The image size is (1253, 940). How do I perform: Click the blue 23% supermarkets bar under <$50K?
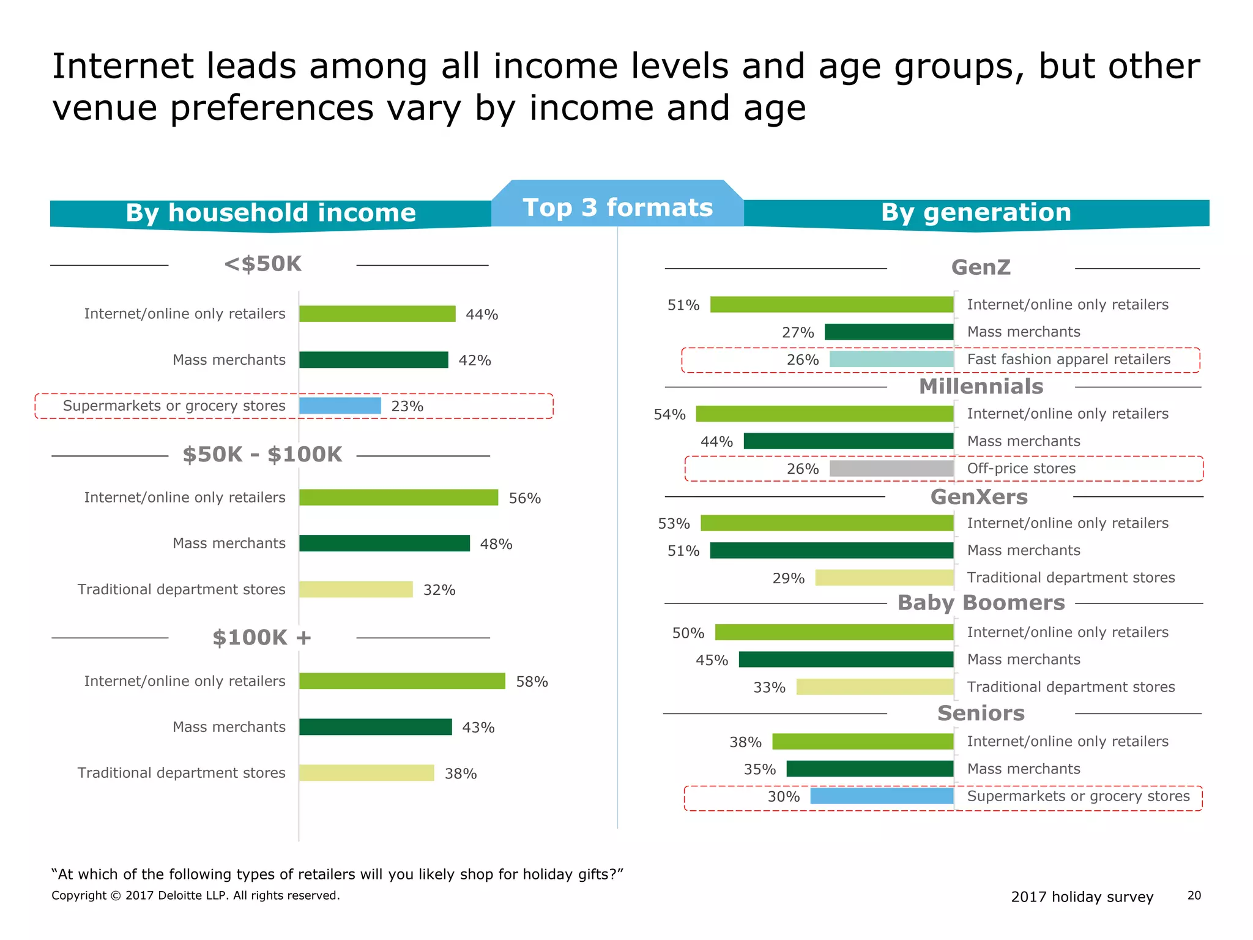tap(340, 406)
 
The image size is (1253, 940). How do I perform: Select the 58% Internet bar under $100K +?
tap(402, 681)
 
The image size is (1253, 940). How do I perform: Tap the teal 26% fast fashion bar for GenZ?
tap(891, 359)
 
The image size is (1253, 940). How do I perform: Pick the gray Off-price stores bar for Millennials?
tap(891, 469)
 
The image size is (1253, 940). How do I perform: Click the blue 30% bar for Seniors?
tap(882, 796)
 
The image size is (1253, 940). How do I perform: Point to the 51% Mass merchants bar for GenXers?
tap(831, 551)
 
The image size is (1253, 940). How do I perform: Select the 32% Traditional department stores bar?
tap(356, 589)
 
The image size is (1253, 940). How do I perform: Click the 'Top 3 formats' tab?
tap(617, 207)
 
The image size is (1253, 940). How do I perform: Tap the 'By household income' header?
tap(270, 213)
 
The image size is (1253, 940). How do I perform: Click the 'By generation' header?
tap(976, 212)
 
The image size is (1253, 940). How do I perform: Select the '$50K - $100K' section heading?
tap(262, 455)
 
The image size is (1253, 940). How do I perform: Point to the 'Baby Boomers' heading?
tap(981, 603)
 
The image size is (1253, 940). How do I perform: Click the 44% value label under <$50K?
tap(481, 315)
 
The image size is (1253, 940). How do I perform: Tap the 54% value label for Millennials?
tap(669, 415)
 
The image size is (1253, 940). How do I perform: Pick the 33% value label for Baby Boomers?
tap(769, 688)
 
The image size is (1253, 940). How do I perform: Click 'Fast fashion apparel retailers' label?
tap(1068, 359)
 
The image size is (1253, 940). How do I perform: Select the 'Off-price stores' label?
tap(1021, 469)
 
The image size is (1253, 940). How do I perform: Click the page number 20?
tap(1194, 895)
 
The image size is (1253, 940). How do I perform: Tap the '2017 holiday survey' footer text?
tap(1082, 897)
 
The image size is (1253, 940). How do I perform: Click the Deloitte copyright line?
tap(196, 895)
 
